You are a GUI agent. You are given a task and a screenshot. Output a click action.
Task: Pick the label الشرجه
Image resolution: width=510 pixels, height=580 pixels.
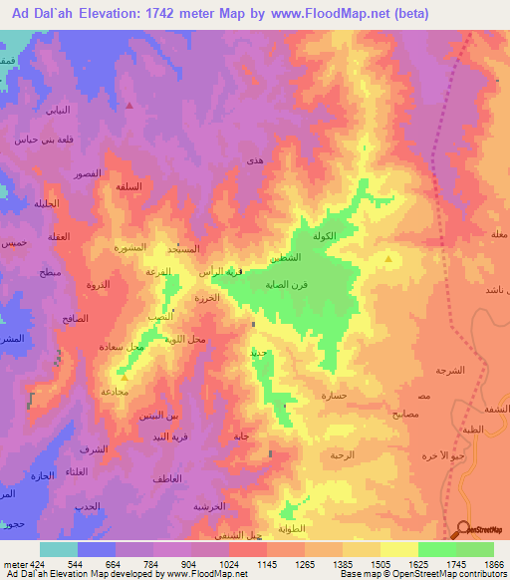[450, 370]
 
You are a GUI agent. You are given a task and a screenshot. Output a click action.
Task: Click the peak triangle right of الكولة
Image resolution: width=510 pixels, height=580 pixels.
[388, 259]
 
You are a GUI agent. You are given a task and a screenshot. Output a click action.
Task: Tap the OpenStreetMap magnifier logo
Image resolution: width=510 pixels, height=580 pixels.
[464, 529]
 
